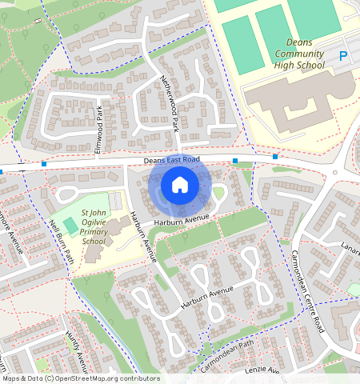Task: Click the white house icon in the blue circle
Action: click(180, 186)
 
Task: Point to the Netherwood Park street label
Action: click(168, 102)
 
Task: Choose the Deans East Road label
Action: click(171, 161)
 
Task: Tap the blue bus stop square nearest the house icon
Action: click(235, 161)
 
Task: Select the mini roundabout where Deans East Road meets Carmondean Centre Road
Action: click(335, 171)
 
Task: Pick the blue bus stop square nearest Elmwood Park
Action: click(44, 164)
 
